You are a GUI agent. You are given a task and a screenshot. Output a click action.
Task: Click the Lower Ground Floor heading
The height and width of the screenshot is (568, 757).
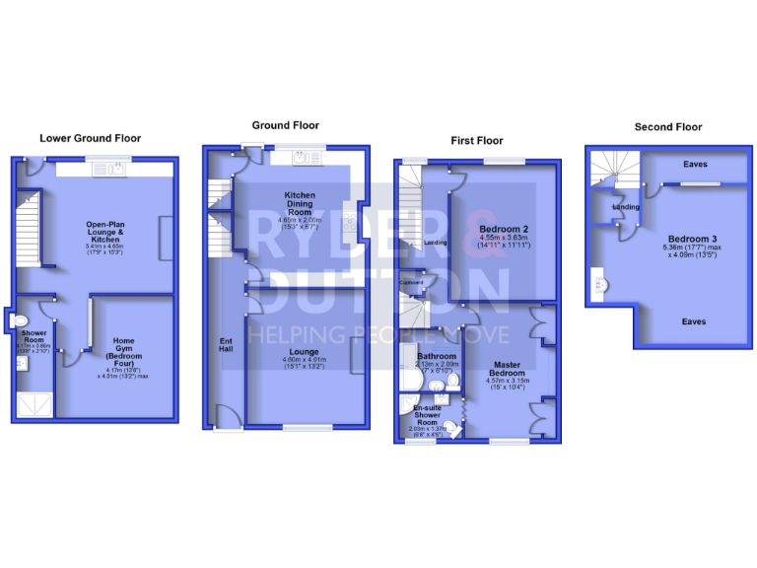(x=90, y=139)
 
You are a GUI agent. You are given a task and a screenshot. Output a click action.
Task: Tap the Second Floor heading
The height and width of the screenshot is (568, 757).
(x=667, y=127)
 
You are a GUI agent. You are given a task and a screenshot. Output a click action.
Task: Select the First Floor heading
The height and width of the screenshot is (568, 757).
(x=477, y=141)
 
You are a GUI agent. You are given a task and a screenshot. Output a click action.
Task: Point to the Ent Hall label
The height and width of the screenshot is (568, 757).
(x=225, y=345)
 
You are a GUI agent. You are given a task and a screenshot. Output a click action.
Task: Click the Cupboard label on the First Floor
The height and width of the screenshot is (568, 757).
(x=411, y=283)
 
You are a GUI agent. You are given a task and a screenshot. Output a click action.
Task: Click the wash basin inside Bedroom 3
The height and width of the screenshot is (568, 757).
(x=599, y=286)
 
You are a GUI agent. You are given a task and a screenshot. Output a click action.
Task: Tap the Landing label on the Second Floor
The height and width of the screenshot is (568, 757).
(x=625, y=207)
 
